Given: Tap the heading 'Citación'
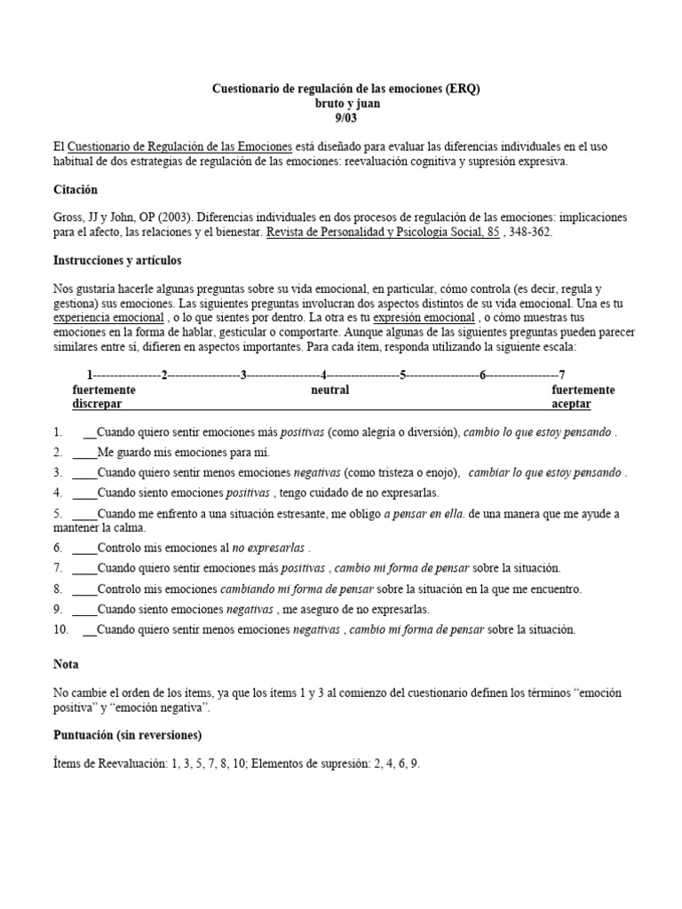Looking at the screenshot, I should point(75,190).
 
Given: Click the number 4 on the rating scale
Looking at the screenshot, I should point(324,374).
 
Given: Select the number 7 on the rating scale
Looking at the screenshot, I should point(562,374).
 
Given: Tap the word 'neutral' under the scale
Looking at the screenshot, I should point(329,390).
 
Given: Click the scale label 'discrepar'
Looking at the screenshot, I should point(97,404).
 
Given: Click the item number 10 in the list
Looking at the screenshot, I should point(60,629).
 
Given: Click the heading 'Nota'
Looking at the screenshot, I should point(67,663).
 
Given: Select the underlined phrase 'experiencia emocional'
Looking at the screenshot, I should point(108,317).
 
